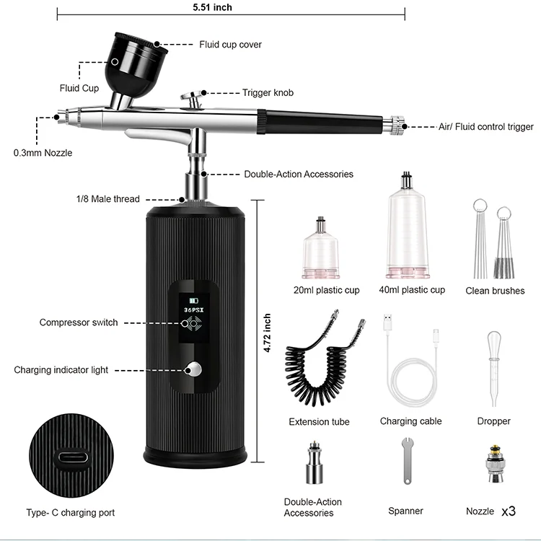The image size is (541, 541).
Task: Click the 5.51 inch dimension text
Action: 212,8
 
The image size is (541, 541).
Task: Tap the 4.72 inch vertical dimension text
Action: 268,333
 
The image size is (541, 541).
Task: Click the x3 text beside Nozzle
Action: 509,511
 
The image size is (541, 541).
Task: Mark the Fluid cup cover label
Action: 230,45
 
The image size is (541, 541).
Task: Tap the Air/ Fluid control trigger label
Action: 486,127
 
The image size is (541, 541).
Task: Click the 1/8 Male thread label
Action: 107,199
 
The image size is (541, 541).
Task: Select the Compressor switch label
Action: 79,322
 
